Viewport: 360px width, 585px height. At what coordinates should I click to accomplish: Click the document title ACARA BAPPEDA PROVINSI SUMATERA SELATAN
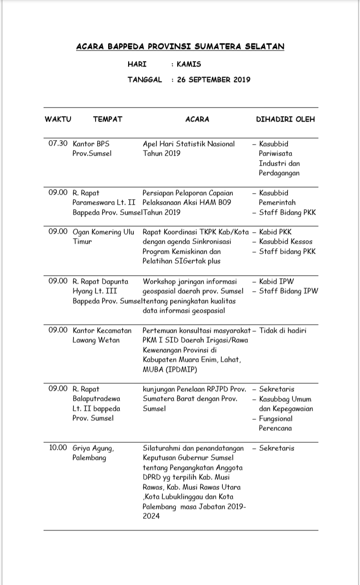coord(180,47)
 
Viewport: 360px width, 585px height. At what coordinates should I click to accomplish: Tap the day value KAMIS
coord(189,64)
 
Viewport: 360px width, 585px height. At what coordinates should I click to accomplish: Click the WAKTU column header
coord(58,119)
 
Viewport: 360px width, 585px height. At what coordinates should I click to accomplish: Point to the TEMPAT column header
coord(108,119)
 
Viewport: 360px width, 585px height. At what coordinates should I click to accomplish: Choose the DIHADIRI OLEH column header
coord(285,119)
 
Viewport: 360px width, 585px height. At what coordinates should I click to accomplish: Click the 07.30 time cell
coord(58,144)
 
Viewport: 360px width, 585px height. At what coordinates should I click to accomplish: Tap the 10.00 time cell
coord(58,448)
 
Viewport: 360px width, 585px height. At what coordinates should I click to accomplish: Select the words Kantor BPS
coord(91,144)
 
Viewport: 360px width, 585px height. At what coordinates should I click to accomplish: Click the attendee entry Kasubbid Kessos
coord(286,241)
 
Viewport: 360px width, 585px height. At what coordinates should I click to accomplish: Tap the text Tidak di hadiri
coord(283,330)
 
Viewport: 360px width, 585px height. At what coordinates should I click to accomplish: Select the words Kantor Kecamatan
coord(102,330)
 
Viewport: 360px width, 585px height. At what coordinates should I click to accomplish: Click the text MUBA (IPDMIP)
coord(170,369)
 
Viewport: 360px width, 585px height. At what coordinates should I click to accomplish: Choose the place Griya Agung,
coord(94,448)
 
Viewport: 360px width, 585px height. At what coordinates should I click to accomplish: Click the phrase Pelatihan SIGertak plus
coord(181,261)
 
